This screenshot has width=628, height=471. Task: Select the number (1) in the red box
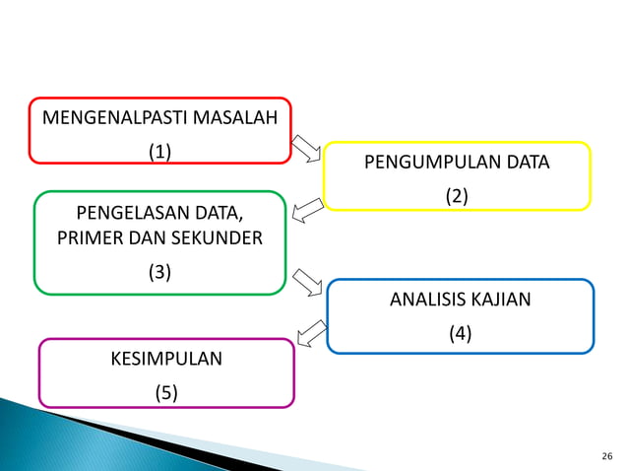(159, 152)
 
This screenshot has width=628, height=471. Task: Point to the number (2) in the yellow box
(456, 196)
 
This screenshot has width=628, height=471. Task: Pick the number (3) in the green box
(159, 273)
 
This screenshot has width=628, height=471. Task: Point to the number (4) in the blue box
(460, 334)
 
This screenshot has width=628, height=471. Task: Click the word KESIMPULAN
(165, 359)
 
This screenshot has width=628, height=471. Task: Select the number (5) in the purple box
(165, 393)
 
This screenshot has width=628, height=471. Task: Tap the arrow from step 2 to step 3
(308, 208)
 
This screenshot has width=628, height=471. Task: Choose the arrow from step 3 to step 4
(309, 283)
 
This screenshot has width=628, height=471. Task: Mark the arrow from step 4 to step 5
(311, 333)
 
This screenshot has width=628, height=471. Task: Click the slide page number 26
(605, 456)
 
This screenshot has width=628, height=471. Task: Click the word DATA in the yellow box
(529, 163)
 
